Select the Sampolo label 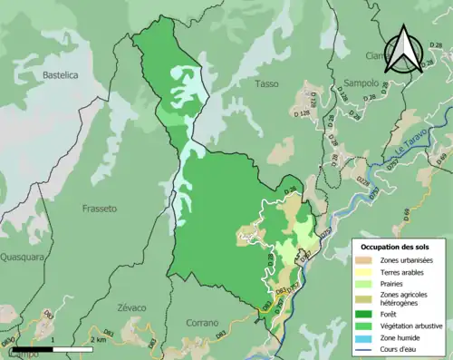(360, 83)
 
